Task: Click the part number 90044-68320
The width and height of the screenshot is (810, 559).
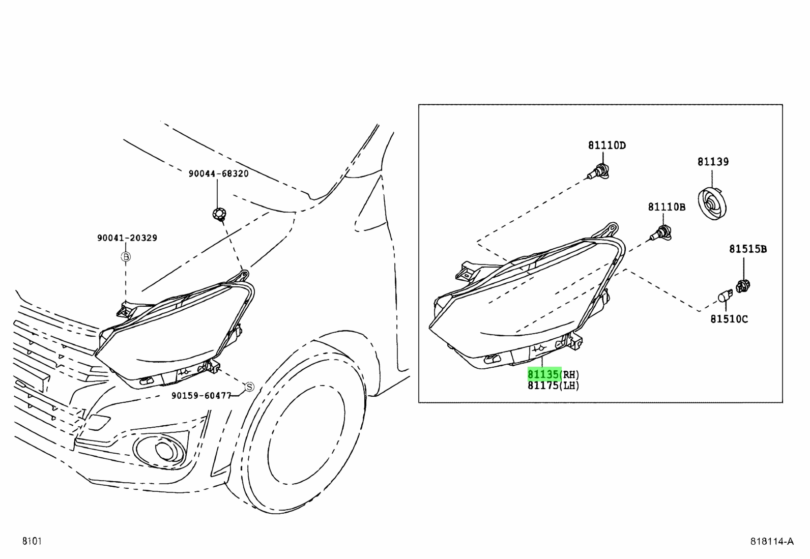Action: tap(218, 173)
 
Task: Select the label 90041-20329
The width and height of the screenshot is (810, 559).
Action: tap(127, 238)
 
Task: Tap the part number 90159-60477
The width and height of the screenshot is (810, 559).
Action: tap(201, 396)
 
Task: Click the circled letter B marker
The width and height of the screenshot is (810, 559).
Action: tap(126, 257)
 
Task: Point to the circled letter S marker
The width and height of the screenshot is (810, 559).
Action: tap(249, 387)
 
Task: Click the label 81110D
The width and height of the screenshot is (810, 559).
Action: tap(607, 145)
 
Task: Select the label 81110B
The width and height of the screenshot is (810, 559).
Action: tap(667, 207)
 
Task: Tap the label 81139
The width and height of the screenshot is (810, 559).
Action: tap(713, 162)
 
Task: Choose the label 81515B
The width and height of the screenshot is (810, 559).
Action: tap(748, 249)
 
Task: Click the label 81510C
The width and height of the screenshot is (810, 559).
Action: tap(729, 319)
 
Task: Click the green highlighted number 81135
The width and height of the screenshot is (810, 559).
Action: tap(544, 374)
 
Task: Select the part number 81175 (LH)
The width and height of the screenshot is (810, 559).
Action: tap(553, 386)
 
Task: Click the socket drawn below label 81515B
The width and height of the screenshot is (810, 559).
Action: tap(743, 286)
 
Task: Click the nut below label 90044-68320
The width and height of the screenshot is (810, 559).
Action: tap(219, 214)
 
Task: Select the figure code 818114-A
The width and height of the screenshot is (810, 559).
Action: tap(772, 541)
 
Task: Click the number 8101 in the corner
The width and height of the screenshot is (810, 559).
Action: tap(32, 541)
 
